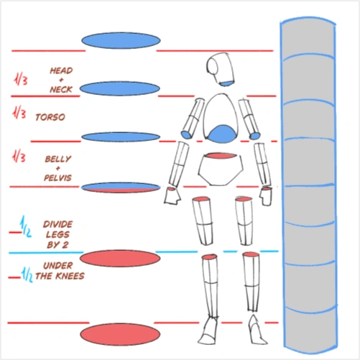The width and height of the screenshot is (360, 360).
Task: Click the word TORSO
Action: click(50, 117)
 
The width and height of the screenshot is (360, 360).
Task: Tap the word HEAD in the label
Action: click(61, 70)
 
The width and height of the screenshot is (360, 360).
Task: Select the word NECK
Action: click(61, 90)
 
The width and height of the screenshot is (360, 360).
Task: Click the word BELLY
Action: click(58, 159)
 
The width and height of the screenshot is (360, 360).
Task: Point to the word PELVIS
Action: click(57, 178)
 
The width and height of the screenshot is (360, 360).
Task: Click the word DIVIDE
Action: click(57, 224)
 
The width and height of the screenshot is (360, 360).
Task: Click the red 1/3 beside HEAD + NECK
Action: click(21, 79)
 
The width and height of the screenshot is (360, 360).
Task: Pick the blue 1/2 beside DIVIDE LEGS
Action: click(26, 227)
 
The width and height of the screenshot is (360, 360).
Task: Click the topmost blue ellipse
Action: click(121, 40)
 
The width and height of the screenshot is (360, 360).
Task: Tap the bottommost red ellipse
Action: click(120, 334)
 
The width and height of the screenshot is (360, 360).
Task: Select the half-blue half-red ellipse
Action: click(121, 188)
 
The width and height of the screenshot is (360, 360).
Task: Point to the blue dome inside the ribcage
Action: click(221, 134)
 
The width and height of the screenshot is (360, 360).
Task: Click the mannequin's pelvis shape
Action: click(221, 169)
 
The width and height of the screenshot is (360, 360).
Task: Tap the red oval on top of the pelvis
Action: click(221, 156)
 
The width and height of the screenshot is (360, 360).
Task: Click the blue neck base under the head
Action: click(226, 83)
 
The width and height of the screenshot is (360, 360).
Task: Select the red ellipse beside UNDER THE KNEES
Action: click(120, 259)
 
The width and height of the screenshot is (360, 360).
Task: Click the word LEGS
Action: click(57, 235)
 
